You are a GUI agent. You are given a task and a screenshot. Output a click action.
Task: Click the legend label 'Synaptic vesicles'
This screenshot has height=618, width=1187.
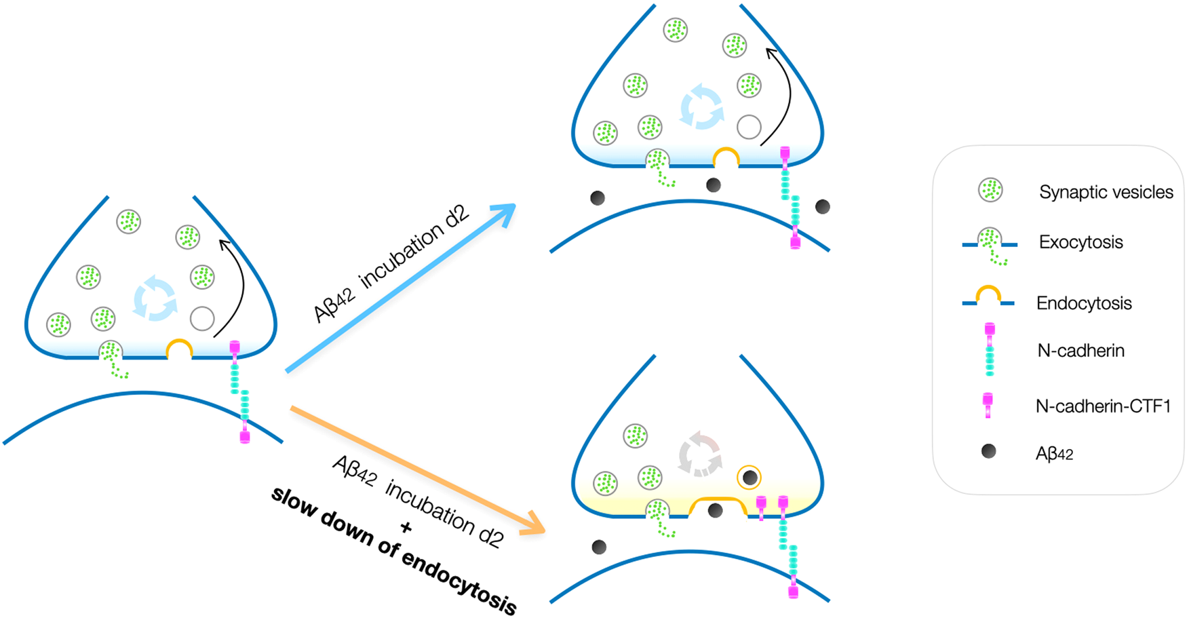pyautogui.click(x=1106, y=192)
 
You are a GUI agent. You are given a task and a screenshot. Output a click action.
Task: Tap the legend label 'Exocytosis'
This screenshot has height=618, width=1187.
pyautogui.click(x=1081, y=242)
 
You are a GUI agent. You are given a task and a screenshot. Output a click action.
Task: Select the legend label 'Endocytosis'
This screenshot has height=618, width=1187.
pyautogui.click(x=1084, y=303)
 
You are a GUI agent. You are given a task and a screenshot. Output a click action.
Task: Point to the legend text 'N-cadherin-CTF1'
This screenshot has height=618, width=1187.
pyautogui.click(x=1102, y=406)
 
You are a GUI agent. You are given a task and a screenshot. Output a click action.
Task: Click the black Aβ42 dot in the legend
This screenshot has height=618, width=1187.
pyautogui.click(x=989, y=451)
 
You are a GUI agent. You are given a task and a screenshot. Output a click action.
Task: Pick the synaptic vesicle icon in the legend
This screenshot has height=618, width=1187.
pyautogui.click(x=990, y=191)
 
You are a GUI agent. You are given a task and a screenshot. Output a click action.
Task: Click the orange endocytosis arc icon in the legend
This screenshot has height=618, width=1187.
pyautogui.click(x=988, y=294)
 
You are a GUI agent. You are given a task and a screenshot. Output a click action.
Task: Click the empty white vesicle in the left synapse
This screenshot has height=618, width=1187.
pyautogui.click(x=202, y=318)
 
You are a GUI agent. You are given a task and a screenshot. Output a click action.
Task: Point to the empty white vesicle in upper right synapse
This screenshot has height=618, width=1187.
pyautogui.click(x=749, y=127)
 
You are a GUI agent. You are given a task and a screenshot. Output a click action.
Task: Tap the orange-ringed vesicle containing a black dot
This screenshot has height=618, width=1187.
pyautogui.click(x=749, y=478)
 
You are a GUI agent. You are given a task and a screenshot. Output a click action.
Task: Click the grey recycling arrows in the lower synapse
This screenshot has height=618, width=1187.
pyautogui.click(x=700, y=455)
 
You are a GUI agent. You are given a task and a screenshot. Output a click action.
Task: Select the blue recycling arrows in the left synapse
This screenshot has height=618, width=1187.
pyautogui.click(x=155, y=298)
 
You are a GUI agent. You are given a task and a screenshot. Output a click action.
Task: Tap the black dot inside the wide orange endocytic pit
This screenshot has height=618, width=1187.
pyautogui.click(x=715, y=510)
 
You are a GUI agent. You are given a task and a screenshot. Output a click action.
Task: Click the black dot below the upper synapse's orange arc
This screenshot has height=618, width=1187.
pyautogui.click(x=714, y=185)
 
